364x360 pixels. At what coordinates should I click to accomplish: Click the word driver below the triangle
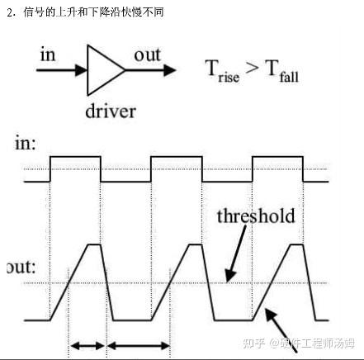click(111, 111)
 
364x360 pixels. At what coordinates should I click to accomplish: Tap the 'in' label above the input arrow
click(48, 54)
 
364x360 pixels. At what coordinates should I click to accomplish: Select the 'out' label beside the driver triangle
click(147, 55)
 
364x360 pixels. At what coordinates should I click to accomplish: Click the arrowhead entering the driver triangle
click(82, 70)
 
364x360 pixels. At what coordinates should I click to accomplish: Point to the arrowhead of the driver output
click(170, 70)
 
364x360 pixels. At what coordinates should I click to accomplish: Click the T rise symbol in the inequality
click(222, 71)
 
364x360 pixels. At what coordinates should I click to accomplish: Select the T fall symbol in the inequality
click(281, 71)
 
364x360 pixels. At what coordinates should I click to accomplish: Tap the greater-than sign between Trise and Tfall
click(252, 68)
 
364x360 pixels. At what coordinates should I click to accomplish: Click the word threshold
click(256, 216)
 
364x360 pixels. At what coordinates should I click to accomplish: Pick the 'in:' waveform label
click(26, 143)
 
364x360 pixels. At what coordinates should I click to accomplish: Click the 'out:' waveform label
click(21, 267)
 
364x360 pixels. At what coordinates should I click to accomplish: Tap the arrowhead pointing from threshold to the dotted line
click(230, 276)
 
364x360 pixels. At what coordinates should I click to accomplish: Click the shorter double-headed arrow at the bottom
click(87, 345)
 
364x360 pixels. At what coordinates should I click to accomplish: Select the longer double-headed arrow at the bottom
click(139, 345)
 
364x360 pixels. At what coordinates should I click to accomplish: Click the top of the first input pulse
click(75, 157)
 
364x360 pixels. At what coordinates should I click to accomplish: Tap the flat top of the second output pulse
click(196, 244)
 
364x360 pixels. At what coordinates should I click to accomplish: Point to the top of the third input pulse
click(277, 157)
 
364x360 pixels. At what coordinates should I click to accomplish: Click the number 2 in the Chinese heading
click(10, 12)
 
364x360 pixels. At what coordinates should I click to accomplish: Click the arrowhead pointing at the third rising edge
click(270, 314)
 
